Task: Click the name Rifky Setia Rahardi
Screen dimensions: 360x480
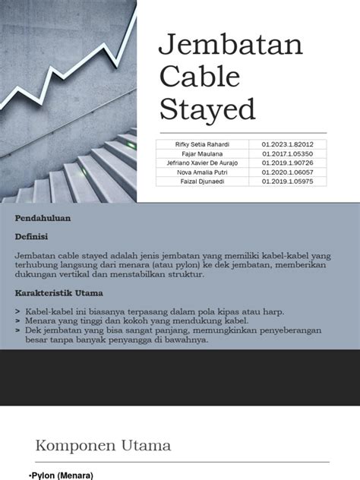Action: tap(198, 144)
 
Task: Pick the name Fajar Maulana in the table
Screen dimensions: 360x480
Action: tap(198, 153)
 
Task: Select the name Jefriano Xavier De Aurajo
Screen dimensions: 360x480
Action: tap(198, 163)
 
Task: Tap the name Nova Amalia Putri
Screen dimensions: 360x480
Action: tap(198, 172)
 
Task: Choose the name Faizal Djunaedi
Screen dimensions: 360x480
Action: tap(198, 182)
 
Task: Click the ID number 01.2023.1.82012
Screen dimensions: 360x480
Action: tap(287, 144)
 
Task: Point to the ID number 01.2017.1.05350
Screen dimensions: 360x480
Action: tap(287, 153)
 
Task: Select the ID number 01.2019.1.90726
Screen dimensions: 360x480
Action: tap(287, 163)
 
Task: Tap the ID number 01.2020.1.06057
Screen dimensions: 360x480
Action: tap(287, 172)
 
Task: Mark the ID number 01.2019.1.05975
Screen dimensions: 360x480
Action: tap(287, 182)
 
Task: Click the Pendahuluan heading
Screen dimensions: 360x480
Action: tap(43, 218)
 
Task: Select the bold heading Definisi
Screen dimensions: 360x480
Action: tap(31, 237)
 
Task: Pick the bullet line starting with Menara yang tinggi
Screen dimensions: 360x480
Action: tap(137, 321)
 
